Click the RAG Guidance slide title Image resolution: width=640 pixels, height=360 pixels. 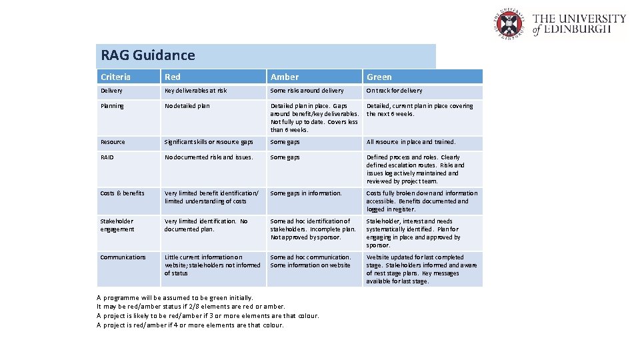pos(148,55)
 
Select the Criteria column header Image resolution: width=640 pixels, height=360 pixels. pos(116,77)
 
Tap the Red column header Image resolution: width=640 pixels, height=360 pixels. pos(173,77)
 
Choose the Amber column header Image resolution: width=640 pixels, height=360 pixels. pos(285,77)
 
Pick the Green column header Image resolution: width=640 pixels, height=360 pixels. pos(379,77)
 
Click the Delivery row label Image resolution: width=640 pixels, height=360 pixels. pos(111,91)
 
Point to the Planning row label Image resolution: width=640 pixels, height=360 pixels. pos(112,106)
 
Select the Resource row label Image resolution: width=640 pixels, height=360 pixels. pos(113,142)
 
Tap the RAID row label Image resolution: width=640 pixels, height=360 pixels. pos(107,157)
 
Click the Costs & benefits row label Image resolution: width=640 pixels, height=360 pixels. pos(122,193)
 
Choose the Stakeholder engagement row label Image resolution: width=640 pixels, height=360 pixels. pos(117,225)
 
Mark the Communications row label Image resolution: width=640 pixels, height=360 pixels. pos(123,257)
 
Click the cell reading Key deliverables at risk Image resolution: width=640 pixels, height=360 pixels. pos(196,91)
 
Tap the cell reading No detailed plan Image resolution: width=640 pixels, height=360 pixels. pos(187,106)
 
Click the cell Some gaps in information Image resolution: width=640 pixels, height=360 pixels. pos(306,193)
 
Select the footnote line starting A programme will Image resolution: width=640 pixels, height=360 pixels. pos(175,297)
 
